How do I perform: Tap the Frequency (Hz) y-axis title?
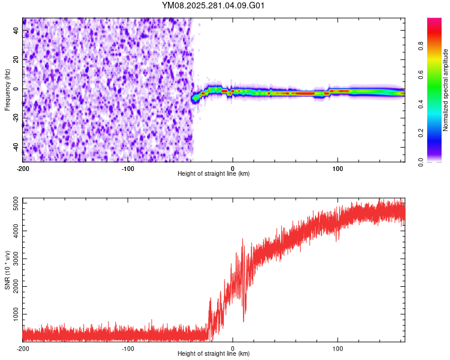[7, 90]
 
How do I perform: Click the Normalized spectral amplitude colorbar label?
[445, 90]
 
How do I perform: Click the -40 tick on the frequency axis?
[16, 148]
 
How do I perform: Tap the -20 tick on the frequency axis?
[16, 118]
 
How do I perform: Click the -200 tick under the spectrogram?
[23, 169]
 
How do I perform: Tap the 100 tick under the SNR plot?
[338, 348]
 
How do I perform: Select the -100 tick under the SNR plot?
[128, 348]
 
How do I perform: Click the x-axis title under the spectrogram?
[214, 174]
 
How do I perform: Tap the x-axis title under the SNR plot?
[214, 354]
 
